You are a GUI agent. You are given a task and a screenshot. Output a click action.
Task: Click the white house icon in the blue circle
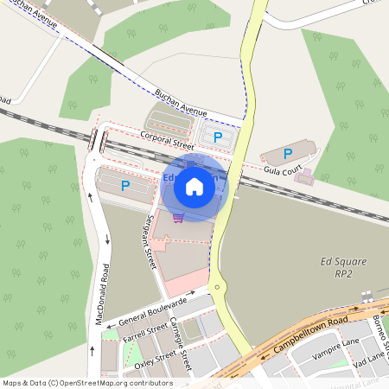point(194,186)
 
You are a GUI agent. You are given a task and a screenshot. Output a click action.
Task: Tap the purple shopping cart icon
point(178,217)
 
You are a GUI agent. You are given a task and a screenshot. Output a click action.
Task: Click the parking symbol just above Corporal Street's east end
point(218,137)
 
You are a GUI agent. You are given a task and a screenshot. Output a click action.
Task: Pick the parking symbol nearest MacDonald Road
point(125,185)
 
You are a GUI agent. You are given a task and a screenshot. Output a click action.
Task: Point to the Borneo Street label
point(379,332)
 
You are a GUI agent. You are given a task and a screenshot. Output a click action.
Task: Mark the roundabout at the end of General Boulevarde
point(216,287)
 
